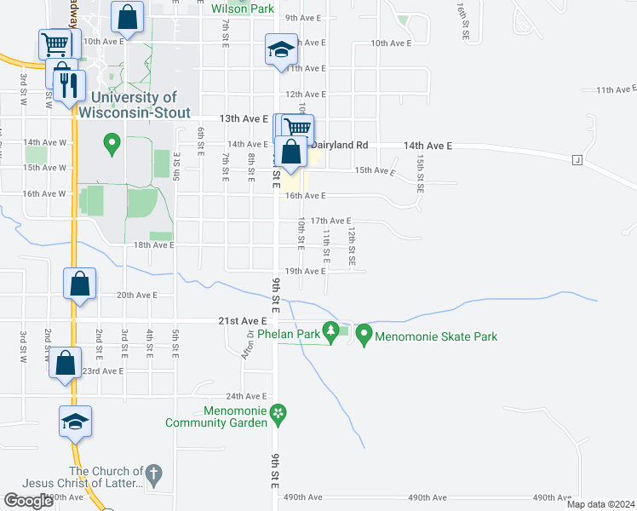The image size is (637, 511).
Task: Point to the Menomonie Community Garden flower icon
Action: point(278,414)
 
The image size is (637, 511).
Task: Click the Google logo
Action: point(29,501)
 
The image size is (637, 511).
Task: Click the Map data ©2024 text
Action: point(600,504)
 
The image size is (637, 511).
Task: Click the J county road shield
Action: point(577,159)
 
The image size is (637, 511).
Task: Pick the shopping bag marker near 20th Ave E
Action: point(79,284)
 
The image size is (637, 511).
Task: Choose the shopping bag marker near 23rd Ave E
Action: point(66,363)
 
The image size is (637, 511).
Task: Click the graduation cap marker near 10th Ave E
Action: point(280,50)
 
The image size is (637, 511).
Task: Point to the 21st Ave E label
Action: point(242,320)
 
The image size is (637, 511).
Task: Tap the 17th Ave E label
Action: point(330,221)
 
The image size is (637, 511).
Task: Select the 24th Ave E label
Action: point(246,397)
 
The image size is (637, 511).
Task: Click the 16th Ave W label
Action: point(44,193)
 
